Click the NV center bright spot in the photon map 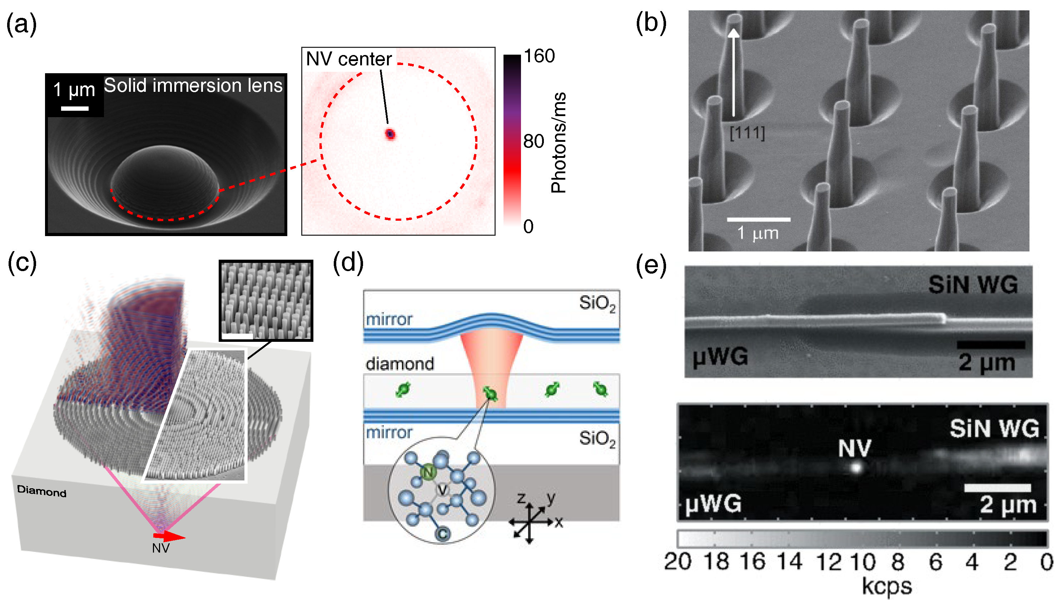pyautogui.click(x=390, y=134)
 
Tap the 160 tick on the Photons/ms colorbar pyautogui.click(x=539, y=56)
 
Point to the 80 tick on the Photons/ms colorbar pyautogui.click(x=534, y=142)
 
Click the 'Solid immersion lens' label pyautogui.click(x=193, y=86)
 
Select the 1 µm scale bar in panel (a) pyautogui.click(x=75, y=108)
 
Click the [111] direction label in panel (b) pyautogui.click(x=747, y=133)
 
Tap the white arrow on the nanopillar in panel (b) pyautogui.click(x=733, y=71)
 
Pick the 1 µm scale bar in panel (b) pyautogui.click(x=758, y=219)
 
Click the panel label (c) pyautogui.click(x=22, y=264)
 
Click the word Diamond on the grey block pyautogui.click(x=41, y=491)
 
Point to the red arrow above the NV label pyautogui.click(x=169, y=536)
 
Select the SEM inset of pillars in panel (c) pyautogui.click(x=266, y=300)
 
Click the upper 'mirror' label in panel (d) pyautogui.click(x=389, y=320)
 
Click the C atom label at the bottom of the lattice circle pyautogui.click(x=443, y=534)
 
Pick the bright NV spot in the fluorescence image pyautogui.click(x=856, y=467)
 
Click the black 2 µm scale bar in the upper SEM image pyautogui.click(x=991, y=345)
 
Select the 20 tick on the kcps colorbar pyautogui.click(x=678, y=562)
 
